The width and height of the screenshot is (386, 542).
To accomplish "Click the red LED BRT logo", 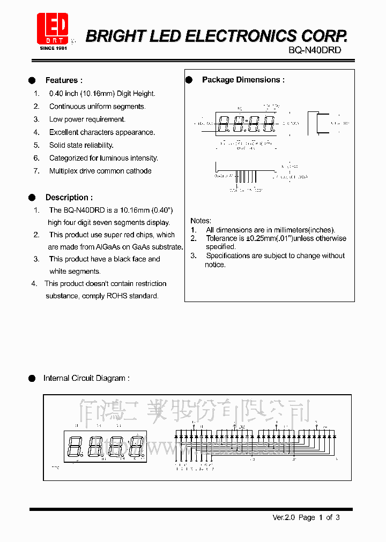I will (x=53, y=28).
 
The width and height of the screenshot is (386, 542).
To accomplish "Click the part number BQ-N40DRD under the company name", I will (x=314, y=50).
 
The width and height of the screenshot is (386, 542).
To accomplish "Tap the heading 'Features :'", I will (x=64, y=80).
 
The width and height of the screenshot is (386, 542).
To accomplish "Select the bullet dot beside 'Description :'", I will (x=32, y=197).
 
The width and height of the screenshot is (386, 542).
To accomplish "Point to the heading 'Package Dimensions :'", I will (x=243, y=80).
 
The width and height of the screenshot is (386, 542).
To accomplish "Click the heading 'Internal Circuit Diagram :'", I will (x=86, y=378).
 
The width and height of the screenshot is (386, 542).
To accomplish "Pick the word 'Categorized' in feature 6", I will (x=68, y=158).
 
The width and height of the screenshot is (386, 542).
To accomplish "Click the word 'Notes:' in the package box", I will (x=201, y=221).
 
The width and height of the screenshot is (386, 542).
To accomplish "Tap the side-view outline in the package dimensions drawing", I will (x=317, y=124).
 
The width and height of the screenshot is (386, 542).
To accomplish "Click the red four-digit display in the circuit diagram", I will (x=105, y=446).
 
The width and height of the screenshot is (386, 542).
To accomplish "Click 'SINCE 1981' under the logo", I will (x=53, y=48).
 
